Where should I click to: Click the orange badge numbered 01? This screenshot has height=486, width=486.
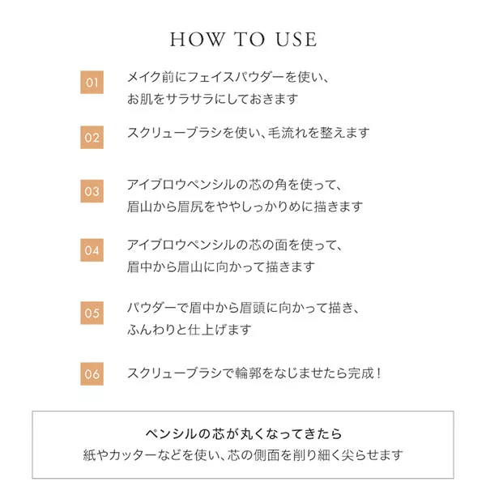click(92, 82)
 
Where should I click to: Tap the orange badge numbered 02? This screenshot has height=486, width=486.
click(92, 138)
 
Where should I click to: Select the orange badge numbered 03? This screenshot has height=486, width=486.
click(92, 191)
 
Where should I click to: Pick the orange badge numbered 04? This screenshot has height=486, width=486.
click(92, 250)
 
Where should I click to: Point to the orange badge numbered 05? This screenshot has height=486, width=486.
click(92, 313)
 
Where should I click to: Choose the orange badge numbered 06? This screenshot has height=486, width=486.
click(92, 373)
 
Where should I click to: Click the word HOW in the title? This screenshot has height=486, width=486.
click(197, 40)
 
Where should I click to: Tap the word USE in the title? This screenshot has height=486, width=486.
click(296, 40)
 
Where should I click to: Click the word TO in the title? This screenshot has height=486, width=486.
click(249, 40)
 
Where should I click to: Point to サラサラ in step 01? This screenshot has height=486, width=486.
click(190, 99)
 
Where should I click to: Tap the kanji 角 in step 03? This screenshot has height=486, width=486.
click(281, 185)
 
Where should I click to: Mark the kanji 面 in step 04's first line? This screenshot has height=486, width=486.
click(281, 245)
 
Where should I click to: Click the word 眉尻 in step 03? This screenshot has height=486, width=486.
click(190, 207)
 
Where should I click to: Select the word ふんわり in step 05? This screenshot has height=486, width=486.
click(151, 330)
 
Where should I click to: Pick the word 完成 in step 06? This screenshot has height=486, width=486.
click(360, 373)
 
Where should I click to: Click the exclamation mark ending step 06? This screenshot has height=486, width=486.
click(379, 373)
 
